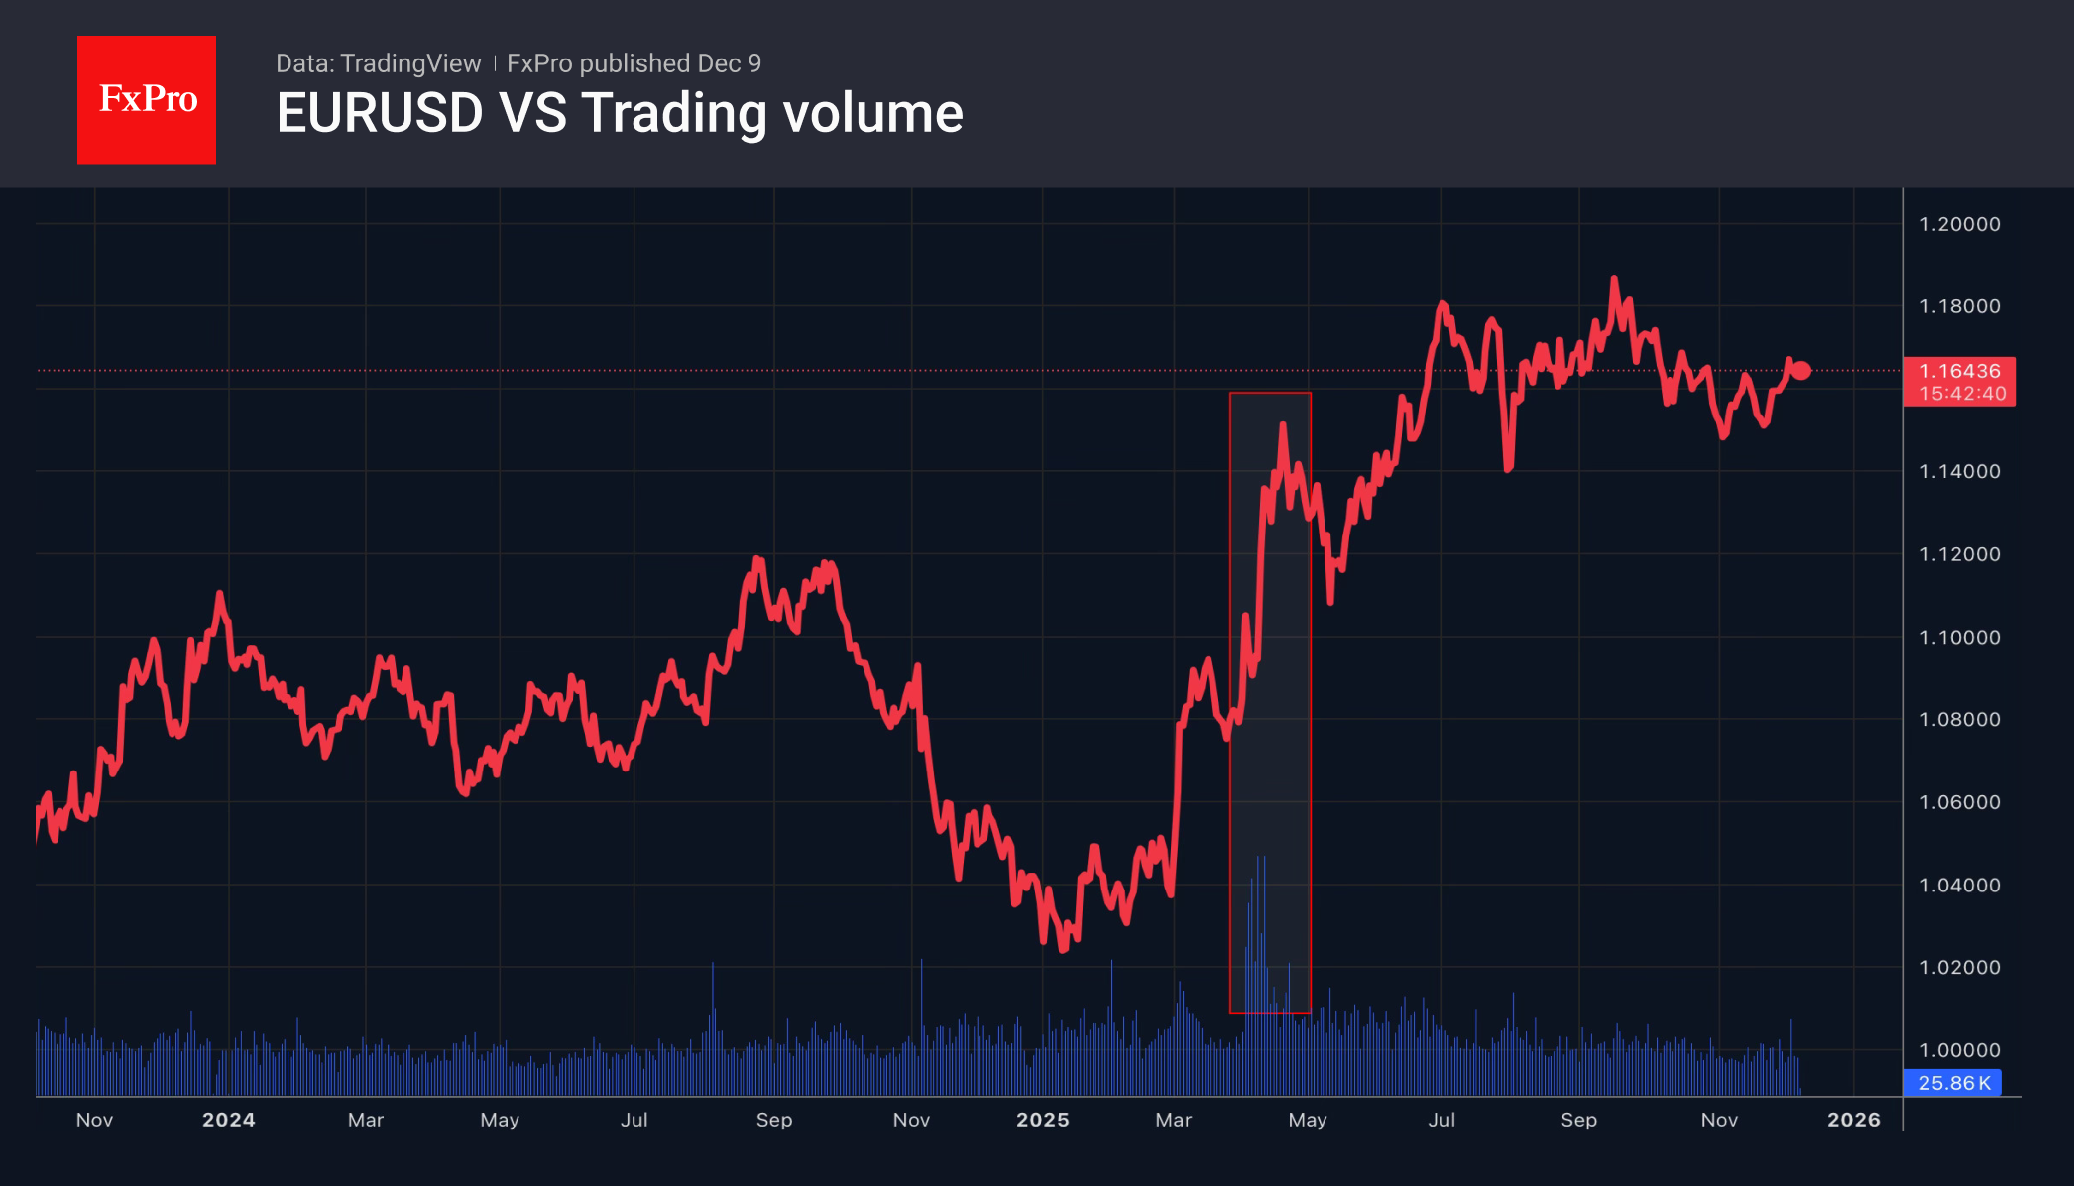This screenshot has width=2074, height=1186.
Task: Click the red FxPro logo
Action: coord(147,99)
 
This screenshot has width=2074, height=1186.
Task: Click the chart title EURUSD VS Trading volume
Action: coord(620,113)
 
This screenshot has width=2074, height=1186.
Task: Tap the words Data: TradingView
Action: coord(378,63)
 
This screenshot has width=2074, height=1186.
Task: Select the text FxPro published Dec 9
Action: coord(634,63)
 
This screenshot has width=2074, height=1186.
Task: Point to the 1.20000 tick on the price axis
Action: coord(1959,224)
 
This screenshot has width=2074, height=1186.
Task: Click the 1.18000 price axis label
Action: coord(1959,306)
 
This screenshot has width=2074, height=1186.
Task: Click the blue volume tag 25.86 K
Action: coord(1953,1083)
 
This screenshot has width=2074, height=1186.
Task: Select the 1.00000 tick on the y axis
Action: coord(1959,1050)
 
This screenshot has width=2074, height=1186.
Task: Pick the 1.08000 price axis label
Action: coord(1959,719)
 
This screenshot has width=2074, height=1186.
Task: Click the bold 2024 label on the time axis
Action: coord(229,1120)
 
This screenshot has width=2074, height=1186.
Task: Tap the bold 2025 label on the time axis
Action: coord(1043,1120)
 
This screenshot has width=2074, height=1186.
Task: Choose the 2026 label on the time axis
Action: coord(1853,1120)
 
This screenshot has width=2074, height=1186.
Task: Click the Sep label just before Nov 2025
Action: coord(1578,1120)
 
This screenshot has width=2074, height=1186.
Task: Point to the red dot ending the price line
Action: coord(1802,371)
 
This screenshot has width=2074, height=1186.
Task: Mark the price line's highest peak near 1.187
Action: coord(1614,280)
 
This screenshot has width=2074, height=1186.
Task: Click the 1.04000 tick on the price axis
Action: coord(1959,885)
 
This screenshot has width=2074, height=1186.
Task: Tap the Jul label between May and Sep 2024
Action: coord(634,1120)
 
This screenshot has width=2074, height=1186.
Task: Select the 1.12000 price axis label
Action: coord(1959,554)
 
